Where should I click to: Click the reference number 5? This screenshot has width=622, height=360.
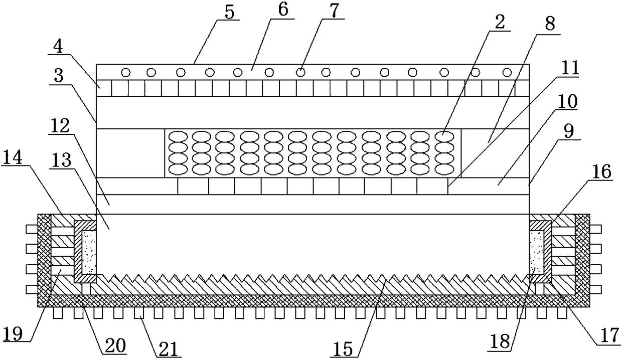(x=230, y=12)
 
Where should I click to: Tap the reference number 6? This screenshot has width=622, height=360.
(x=283, y=11)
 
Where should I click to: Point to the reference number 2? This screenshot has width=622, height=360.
(x=500, y=22)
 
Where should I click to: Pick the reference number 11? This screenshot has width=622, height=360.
(x=570, y=68)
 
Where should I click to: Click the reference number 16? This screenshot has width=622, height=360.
(x=601, y=171)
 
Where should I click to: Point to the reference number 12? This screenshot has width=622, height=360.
(x=59, y=126)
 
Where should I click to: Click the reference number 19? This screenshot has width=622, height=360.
(x=13, y=333)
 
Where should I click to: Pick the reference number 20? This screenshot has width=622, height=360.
(x=115, y=345)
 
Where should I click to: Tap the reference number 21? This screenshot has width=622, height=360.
(x=170, y=348)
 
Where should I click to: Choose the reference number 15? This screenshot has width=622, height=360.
(x=343, y=348)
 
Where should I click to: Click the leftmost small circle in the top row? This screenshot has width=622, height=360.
(x=126, y=73)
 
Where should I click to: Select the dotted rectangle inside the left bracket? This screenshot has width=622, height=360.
(x=89, y=252)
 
